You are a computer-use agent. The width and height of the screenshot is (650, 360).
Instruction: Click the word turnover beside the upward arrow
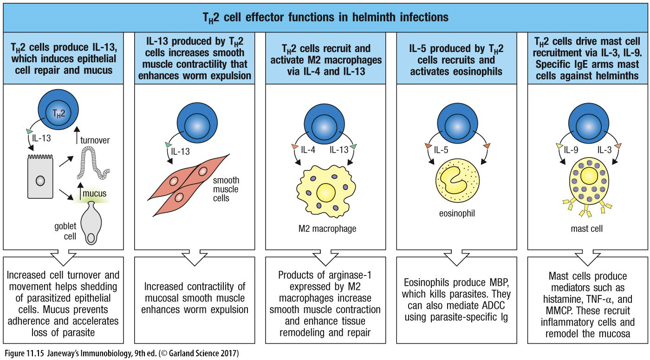(95, 140)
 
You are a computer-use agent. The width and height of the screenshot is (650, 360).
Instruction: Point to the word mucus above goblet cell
(98, 193)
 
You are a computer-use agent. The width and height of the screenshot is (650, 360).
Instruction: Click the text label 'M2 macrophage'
(324, 228)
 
